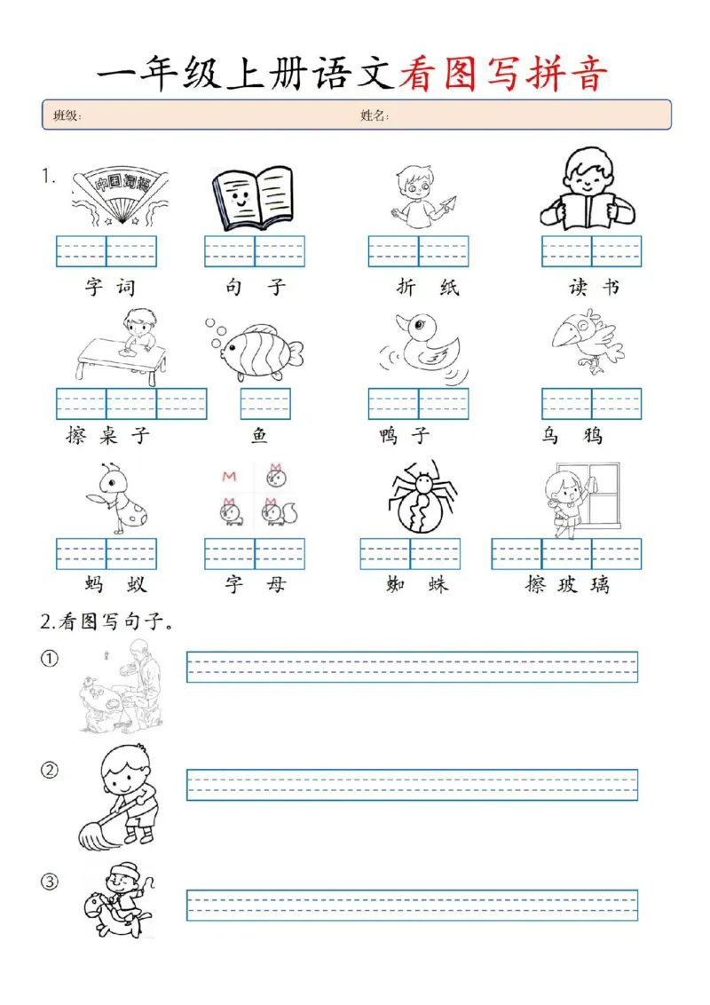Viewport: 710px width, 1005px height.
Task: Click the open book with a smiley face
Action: [x=253, y=198]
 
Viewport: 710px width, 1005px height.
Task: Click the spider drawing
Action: [x=422, y=498]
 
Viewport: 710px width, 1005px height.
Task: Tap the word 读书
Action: [x=594, y=288]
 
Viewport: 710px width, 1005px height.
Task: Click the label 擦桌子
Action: [x=108, y=436]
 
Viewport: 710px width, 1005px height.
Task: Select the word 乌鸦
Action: [x=573, y=436]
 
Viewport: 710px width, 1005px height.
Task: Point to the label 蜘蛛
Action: [x=417, y=584]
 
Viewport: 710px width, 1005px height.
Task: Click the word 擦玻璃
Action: [x=566, y=584]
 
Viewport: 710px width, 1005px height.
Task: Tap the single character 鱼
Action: [x=260, y=436]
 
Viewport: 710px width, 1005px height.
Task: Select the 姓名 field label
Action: [x=375, y=115]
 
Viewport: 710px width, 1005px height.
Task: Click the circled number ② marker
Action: [x=50, y=771]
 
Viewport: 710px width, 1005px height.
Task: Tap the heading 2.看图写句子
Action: [x=106, y=622]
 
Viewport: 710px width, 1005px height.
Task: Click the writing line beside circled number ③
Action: [x=412, y=905]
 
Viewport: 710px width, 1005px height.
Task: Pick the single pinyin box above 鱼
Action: [x=265, y=404]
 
